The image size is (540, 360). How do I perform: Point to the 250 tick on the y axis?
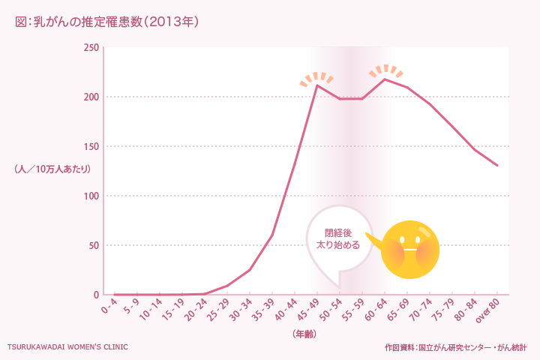pyautogui.click(x=91, y=48)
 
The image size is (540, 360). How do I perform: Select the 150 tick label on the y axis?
pyautogui.click(x=91, y=147)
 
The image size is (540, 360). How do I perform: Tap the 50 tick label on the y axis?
pyautogui.click(x=93, y=246)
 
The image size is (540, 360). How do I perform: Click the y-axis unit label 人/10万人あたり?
pyautogui.click(x=52, y=169)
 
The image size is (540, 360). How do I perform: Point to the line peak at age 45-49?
pyautogui.click(x=317, y=85)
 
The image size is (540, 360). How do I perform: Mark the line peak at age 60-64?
pyautogui.click(x=385, y=79)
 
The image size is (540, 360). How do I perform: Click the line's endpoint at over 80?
pyautogui.click(x=497, y=165)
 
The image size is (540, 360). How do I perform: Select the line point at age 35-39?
pyautogui.click(x=272, y=235)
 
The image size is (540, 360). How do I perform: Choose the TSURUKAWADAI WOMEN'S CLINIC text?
pyautogui.click(x=67, y=347)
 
